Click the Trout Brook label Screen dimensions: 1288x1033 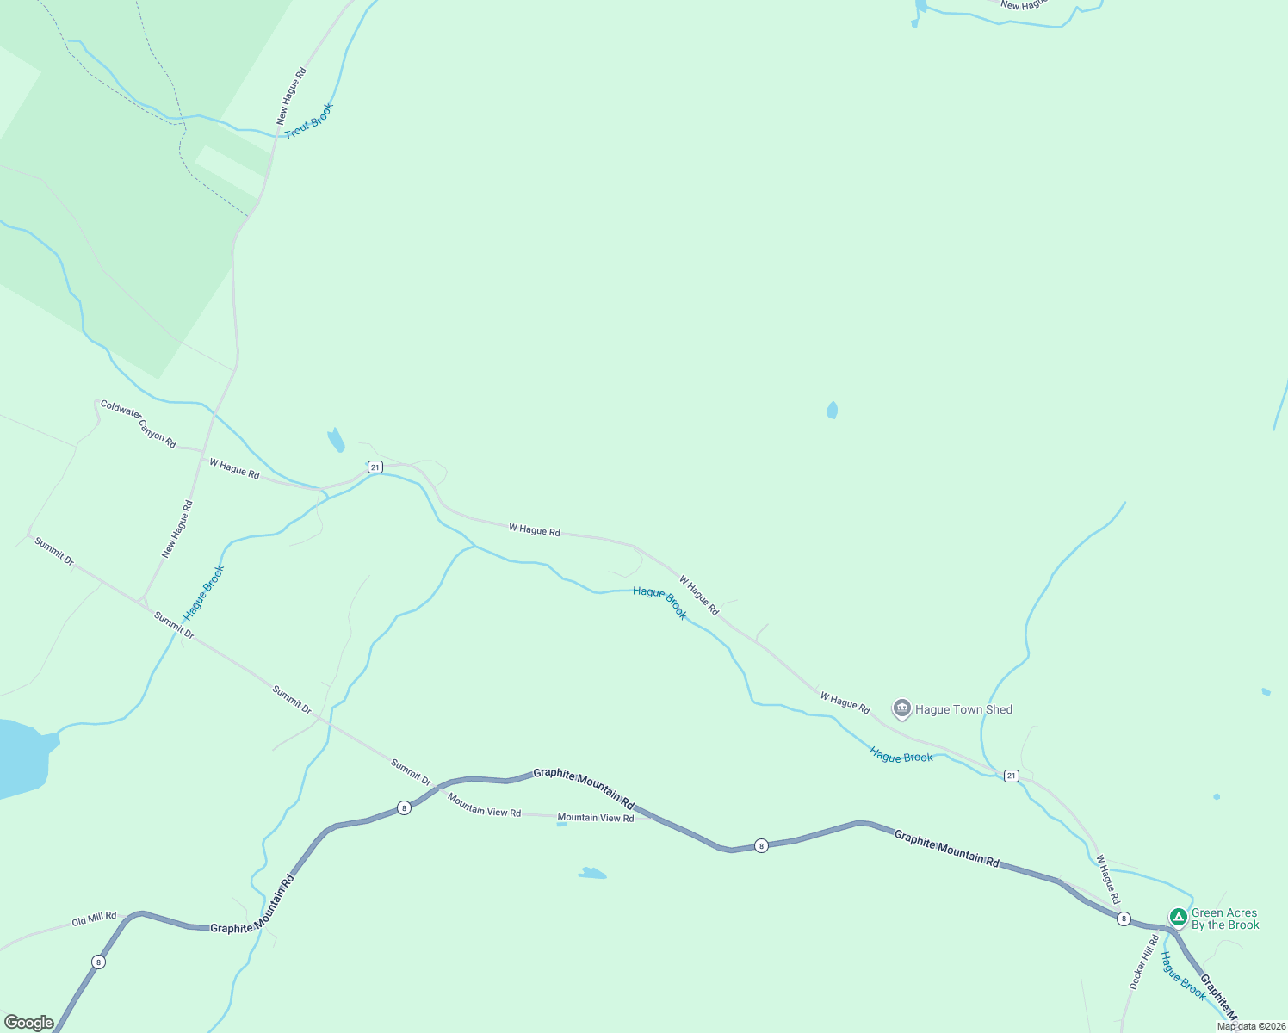(x=308, y=121)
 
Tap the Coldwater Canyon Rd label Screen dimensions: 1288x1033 (x=138, y=424)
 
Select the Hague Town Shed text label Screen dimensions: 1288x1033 (x=963, y=709)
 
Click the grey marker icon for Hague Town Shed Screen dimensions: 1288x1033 (x=901, y=708)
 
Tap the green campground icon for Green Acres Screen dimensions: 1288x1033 (x=1178, y=916)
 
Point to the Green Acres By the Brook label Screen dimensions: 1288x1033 (x=1224, y=919)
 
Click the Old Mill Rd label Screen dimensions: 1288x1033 (x=94, y=919)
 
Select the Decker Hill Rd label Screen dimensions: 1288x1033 (x=1144, y=962)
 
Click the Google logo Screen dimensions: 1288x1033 (x=28, y=1023)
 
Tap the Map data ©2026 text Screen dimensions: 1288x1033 (x=1251, y=1026)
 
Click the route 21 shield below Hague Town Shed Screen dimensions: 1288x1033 (x=1011, y=776)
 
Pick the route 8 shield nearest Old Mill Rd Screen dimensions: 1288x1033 (x=99, y=962)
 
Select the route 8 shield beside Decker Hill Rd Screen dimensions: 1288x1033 (x=1124, y=919)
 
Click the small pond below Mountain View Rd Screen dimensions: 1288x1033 (x=591, y=874)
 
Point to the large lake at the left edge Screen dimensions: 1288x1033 (x=19, y=756)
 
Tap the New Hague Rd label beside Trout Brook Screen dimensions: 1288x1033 (x=291, y=96)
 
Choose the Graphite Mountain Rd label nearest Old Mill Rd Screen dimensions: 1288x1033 (x=252, y=903)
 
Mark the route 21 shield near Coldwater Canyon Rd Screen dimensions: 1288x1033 (x=375, y=467)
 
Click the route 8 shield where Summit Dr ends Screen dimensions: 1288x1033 (x=404, y=807)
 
